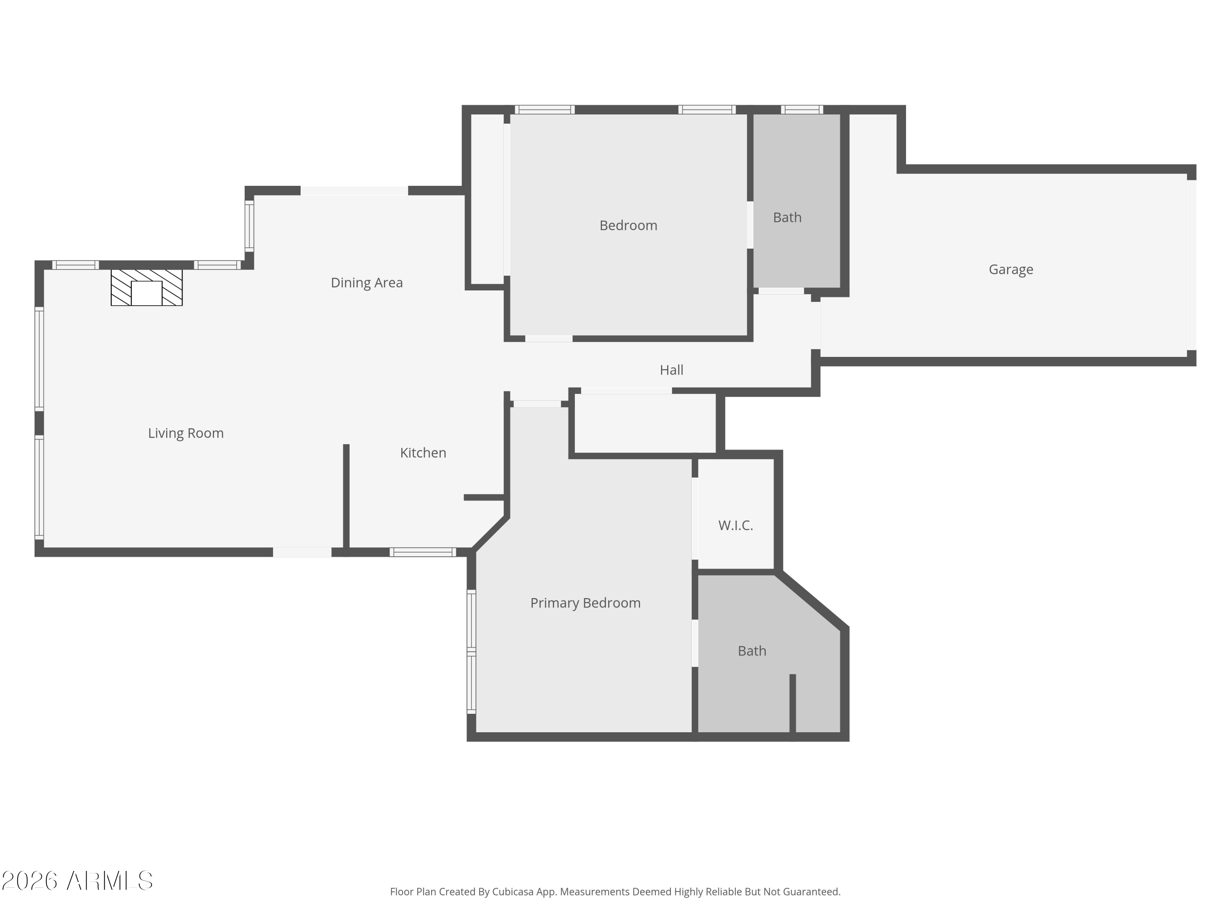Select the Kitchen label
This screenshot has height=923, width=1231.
(423, 453)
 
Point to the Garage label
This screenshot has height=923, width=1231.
(1011, 269)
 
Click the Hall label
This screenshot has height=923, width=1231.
(671, 370)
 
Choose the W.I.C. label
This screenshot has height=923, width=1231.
(735, 525)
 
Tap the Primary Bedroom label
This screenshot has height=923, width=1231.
(585, 603)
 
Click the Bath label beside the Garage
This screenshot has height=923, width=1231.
(787, 217)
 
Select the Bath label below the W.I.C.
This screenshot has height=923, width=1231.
(752, 651)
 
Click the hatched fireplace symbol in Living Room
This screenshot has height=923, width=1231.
(146, 288)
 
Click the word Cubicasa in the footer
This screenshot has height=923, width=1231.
(513, 892)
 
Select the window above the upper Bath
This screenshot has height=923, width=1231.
(801, 110)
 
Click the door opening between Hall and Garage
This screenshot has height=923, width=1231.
(815, 325)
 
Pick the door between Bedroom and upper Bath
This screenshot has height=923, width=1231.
(750, 225)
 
